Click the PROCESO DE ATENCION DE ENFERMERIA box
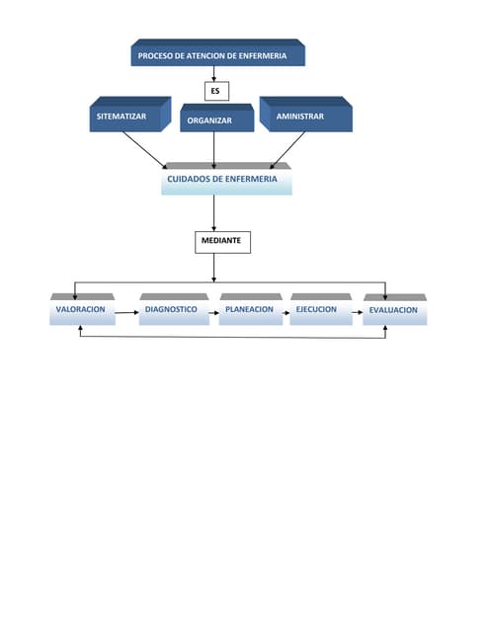(x=217, y=55)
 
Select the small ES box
(x=214, y=91)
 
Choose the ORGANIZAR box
(x=209, y=119)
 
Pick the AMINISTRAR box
(x=303, y=117)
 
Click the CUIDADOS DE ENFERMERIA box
(x=226, y=180)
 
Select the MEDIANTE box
(x=221, y=240)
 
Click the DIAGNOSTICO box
(x=172, y=310)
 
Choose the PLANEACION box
(x=249, y=310)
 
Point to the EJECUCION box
(x=318, y=310)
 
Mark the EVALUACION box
(x=393, y=311)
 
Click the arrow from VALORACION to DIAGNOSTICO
(x=126, y=311)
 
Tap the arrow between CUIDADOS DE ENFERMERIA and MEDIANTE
(x=214, y=212)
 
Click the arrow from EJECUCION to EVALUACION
(x=357, y=313)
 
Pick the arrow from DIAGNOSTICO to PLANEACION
(x=214, y=311)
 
